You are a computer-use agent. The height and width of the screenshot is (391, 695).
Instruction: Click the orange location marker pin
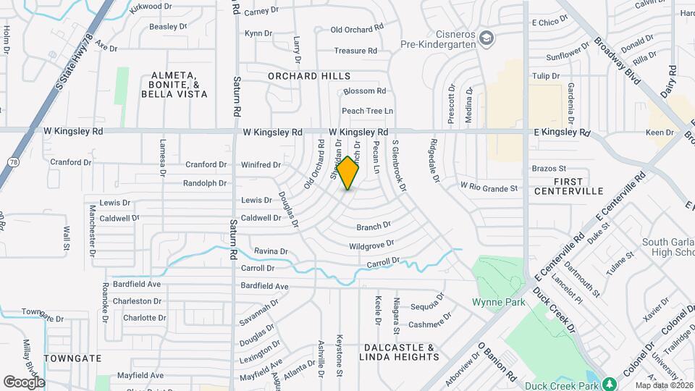click(348, 173)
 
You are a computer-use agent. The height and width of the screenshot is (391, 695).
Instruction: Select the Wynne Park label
click(498, 302)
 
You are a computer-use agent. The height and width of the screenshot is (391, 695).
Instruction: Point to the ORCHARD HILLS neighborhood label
click(308, 76)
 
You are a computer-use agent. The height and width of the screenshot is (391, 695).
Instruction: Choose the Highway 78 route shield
click(13, 161)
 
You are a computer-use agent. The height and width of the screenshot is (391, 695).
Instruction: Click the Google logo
click(24, 382)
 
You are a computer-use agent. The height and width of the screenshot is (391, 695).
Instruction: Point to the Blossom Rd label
click(365, 91)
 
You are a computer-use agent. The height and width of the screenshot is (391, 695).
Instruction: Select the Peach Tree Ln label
click(367, 111)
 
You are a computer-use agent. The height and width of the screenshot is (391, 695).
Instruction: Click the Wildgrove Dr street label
click(371, 245)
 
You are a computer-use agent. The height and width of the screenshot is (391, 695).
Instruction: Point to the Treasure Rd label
click(355, 51)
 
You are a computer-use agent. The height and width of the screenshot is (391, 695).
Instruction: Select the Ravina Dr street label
click(271, 251)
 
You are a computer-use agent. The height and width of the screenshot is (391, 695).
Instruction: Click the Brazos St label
click(548, 168)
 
